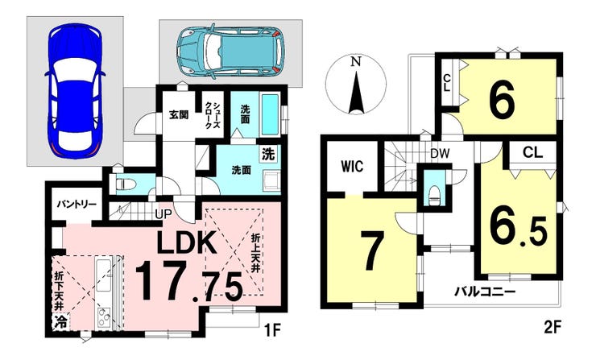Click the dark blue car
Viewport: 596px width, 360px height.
[x=74, y=91]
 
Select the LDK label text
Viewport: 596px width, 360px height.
[x=187, y=242]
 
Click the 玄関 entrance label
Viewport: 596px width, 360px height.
[x=179, y=114]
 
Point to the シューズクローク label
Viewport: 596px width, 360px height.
[x=212, y=115]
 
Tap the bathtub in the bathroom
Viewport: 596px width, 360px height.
[x=271, y=115]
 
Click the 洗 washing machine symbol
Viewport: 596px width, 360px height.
[x=268, y=155]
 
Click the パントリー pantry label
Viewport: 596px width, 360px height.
[x=77, y=205]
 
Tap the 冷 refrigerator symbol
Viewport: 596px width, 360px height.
[x=60, y=322]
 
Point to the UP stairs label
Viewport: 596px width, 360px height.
[x=163, y=214]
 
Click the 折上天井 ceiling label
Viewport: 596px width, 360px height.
[x=255, y=252]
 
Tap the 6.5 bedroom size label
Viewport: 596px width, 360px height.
[x=518, y=229]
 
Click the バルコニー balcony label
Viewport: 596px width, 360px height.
[x=486, y=292]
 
